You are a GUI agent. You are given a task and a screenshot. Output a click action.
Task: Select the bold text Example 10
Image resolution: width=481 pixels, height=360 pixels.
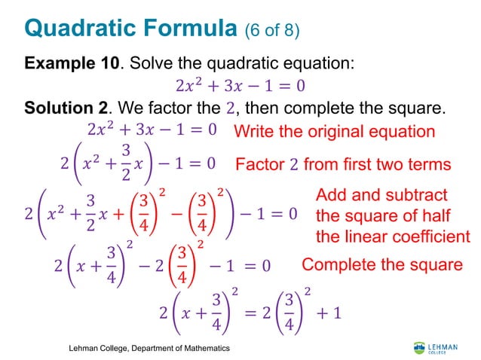click(x=72, y=63)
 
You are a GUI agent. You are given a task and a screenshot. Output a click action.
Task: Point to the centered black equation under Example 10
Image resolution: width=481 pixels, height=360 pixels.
click(x=240, y=85)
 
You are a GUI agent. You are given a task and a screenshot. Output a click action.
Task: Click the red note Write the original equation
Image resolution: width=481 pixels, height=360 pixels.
click(x=334, y=131)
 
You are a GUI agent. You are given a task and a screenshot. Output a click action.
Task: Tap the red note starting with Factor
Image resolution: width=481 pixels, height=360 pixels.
click(x=343, y=164)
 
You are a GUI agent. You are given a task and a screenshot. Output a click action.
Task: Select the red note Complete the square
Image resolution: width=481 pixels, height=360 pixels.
click(x=381, y=264)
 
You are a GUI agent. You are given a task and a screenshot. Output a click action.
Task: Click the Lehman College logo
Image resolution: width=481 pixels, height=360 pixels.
click(x=435, y=347)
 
